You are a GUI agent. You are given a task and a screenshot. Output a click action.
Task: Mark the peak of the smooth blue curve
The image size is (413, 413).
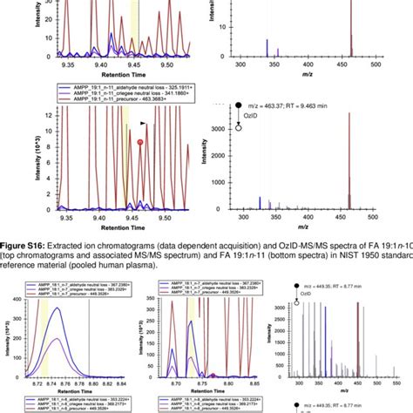click(58, 308)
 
